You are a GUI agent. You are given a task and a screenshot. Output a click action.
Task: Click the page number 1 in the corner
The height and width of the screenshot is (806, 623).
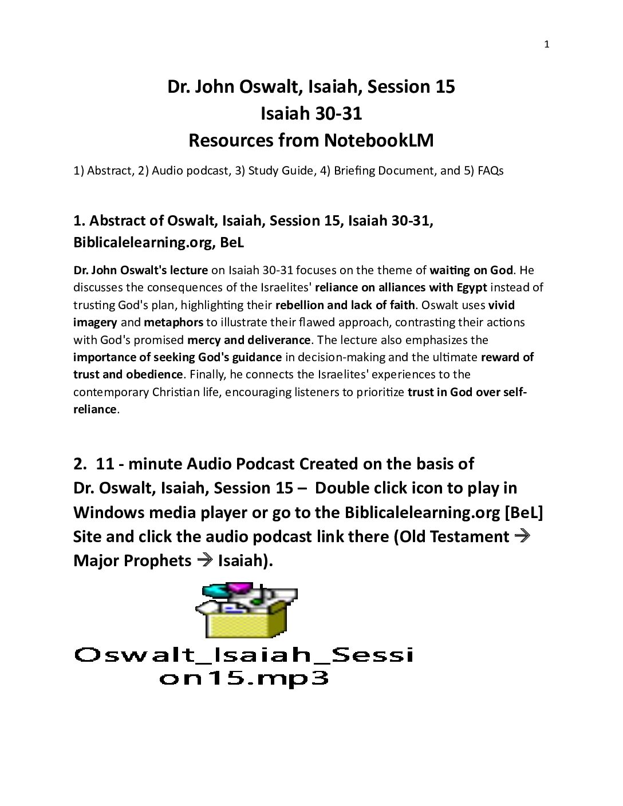coord(546,45)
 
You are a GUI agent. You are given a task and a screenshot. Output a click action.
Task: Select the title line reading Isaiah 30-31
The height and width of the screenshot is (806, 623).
coord(311,113)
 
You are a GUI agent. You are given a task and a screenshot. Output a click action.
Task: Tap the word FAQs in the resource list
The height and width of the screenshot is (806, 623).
coord(490,171)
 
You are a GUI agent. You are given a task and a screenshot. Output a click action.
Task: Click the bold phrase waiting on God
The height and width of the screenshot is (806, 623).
coord(471,270)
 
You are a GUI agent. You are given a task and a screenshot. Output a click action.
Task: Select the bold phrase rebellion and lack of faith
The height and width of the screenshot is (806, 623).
coord(345,305)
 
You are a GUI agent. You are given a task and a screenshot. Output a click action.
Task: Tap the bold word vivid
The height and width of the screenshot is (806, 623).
coord(501,305)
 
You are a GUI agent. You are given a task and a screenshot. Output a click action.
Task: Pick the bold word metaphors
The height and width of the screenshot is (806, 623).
coord(174,322)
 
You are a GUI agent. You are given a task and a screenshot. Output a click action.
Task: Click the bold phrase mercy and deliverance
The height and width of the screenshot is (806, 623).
coord(249,340)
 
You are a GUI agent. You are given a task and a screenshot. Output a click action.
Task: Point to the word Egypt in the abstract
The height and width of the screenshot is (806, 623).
coord(471,287)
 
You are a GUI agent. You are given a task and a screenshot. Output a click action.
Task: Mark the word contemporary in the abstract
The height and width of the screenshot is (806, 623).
coord(111,392)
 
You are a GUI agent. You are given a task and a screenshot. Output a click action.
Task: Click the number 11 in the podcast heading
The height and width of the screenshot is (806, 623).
coord(105,464)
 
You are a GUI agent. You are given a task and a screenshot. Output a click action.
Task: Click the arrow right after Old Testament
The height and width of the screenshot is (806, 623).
coord(522,536)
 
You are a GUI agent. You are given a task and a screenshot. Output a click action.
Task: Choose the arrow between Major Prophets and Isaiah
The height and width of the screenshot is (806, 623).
coord(204,560)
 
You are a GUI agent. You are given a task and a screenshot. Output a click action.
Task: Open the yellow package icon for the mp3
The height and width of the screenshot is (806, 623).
coord(246,611)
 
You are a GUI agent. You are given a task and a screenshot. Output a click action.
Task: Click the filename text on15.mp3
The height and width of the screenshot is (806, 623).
coord(244,679)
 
